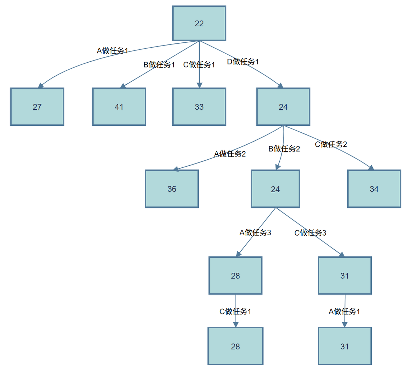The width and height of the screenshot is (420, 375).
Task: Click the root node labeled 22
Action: point(199,23)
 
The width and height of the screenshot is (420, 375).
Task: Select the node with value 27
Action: point(37,107)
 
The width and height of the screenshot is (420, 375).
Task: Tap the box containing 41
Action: point(119,107)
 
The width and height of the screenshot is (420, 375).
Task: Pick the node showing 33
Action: point(199,107)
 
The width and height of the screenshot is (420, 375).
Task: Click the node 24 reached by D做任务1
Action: point(283,107)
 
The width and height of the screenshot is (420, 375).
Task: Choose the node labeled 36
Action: point(171,189)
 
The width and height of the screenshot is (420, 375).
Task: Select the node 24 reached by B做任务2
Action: point(275,189)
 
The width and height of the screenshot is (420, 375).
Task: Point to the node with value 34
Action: point(374,189)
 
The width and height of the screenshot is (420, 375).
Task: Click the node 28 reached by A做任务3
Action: point(235,276)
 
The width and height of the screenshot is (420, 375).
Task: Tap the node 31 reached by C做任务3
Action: point(344,276)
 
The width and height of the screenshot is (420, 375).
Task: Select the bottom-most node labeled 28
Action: point(235,346)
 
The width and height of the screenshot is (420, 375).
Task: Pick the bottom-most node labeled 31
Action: point(344,346)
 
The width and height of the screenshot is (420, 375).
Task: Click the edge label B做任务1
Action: point(159,65)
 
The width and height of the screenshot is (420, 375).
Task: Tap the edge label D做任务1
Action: point(243,62)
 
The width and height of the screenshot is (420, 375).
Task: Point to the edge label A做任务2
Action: point(230,154)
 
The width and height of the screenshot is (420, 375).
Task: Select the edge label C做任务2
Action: point(331,144)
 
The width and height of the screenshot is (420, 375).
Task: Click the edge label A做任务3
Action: point(255,232)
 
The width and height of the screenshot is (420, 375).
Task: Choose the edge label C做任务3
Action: point(310,233)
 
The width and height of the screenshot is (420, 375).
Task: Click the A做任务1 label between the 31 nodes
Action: point(344,311)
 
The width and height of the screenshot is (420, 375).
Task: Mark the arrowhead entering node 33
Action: point(199,84)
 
